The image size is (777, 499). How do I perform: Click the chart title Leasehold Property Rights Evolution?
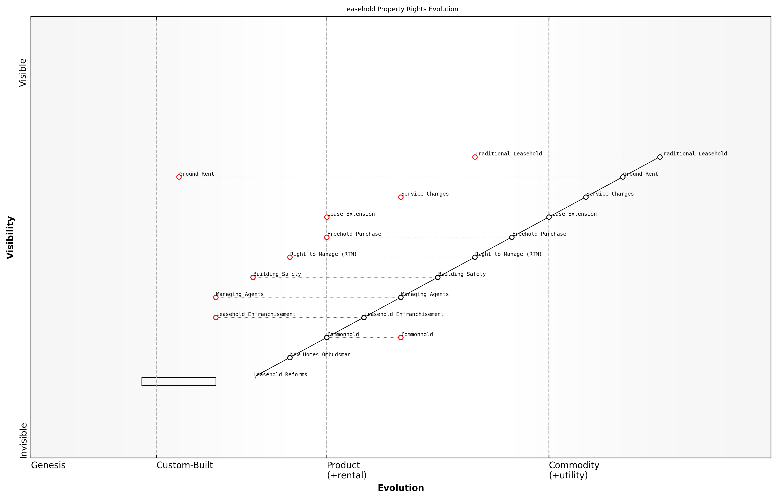coord(400,9)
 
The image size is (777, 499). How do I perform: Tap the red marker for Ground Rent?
coord(179,177)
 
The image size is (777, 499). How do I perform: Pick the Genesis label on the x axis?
coord(48,465)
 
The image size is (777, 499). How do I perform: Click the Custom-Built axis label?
coord(185,465)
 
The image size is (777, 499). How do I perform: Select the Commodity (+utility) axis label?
coord(574,470)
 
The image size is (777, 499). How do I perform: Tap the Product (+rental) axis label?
coord(346,470)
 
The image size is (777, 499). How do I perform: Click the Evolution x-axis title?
coord(400,488)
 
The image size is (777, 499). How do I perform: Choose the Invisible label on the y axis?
coord(23,441)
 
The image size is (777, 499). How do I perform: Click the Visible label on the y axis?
coord(23,73)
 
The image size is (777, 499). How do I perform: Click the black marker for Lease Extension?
coord(549,217)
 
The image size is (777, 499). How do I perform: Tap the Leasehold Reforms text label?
coord(280,375)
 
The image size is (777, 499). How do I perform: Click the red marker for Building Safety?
coord(253,277)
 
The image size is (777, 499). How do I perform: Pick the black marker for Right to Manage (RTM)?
coord(475,257)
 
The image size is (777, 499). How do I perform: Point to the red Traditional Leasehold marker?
coord(475,157)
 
